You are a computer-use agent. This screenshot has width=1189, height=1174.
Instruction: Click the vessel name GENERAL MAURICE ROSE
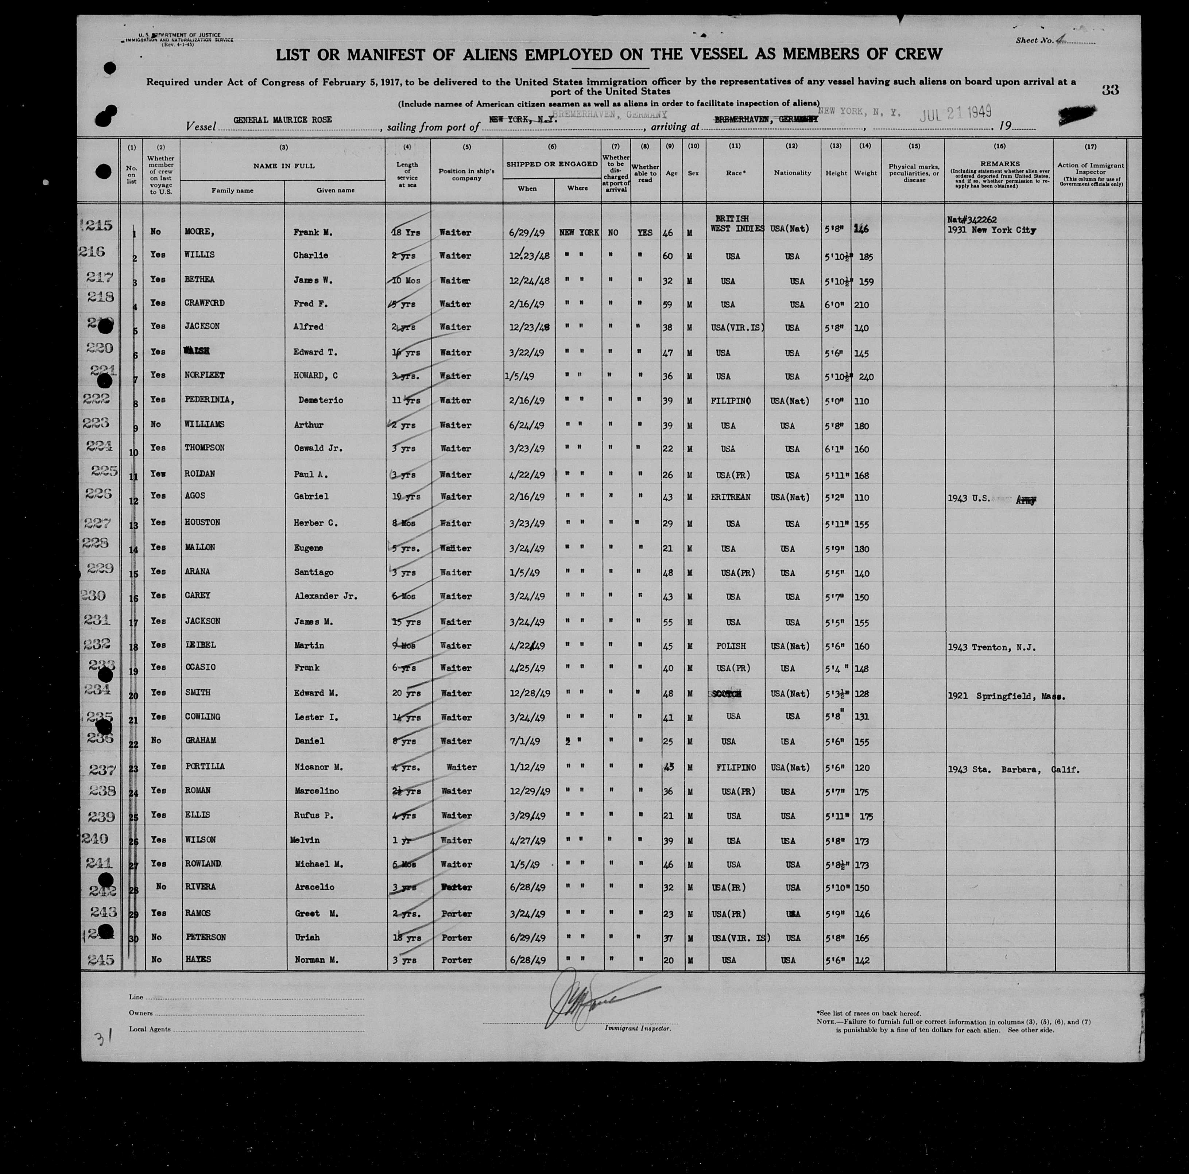click(x=283, y=120)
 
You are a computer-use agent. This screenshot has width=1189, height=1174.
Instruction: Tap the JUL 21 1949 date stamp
click(x=955, y=113)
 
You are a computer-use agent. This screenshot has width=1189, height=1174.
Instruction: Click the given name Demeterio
click(x=321, y=400)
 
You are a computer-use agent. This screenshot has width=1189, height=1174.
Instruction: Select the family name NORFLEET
click(x=204, y=375)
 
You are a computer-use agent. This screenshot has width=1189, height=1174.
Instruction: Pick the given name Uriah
click(x=306, y=937)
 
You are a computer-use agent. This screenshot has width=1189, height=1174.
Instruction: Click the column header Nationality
click(x=792, y=173)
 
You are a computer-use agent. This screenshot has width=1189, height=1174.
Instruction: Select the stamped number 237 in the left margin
click(x=100, y=769)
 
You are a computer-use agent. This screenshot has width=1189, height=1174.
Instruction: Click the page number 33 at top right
click(x=1110, y=90)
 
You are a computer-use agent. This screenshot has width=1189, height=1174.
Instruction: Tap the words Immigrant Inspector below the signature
click(x=638, y=1028)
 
